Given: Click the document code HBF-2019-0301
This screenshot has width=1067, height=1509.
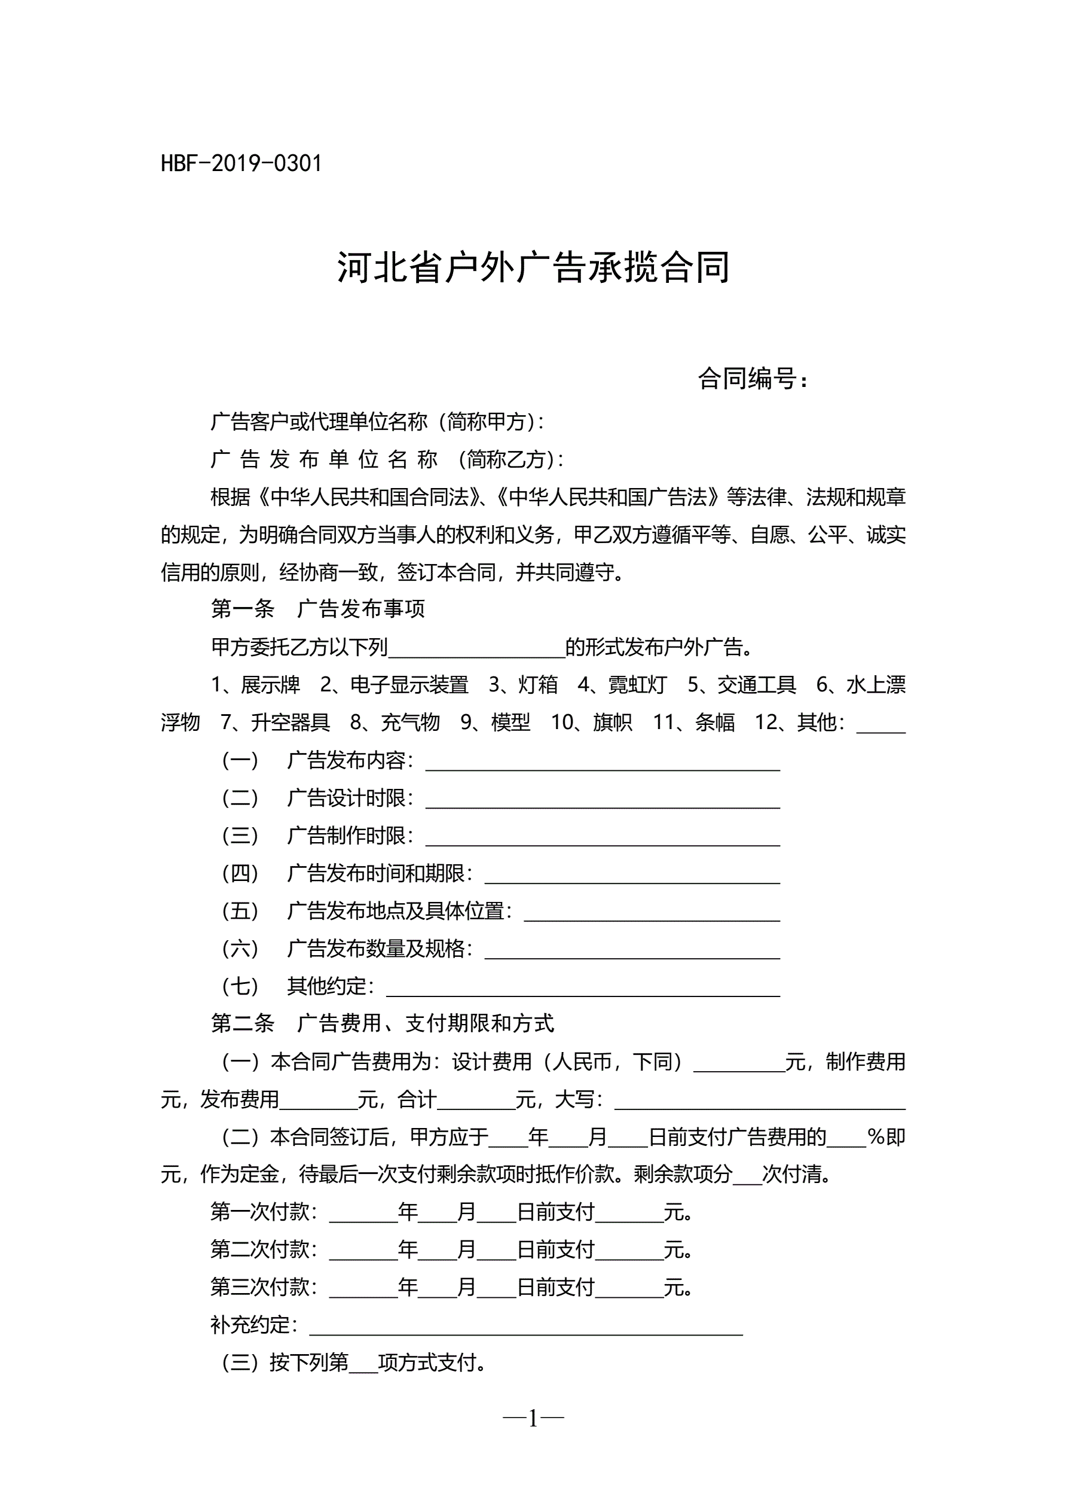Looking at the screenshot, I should pyautogui.click(x=241, y=164).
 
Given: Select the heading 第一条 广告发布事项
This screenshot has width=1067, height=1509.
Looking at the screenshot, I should pyautogui.click(x=317, y=609).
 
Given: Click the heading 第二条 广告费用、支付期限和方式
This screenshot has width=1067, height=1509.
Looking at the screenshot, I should pyautogui.click(x=383, y=1023).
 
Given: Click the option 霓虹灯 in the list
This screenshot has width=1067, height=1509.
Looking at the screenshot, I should pyautogui.click(x=637, y=685).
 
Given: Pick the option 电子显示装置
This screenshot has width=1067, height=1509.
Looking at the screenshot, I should pyautogui.click(x=409, y=685).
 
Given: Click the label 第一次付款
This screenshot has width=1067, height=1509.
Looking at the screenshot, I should pyautogui.click(x=264, y=1212).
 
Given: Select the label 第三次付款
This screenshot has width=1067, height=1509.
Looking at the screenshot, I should pyautogui.click(x=264, y=1288).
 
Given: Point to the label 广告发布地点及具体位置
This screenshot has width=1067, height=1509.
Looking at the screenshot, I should pyautogui.click(x=399, y=912).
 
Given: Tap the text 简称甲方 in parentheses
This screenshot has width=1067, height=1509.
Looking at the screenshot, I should pyautogui.click(x=488, y=422).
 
